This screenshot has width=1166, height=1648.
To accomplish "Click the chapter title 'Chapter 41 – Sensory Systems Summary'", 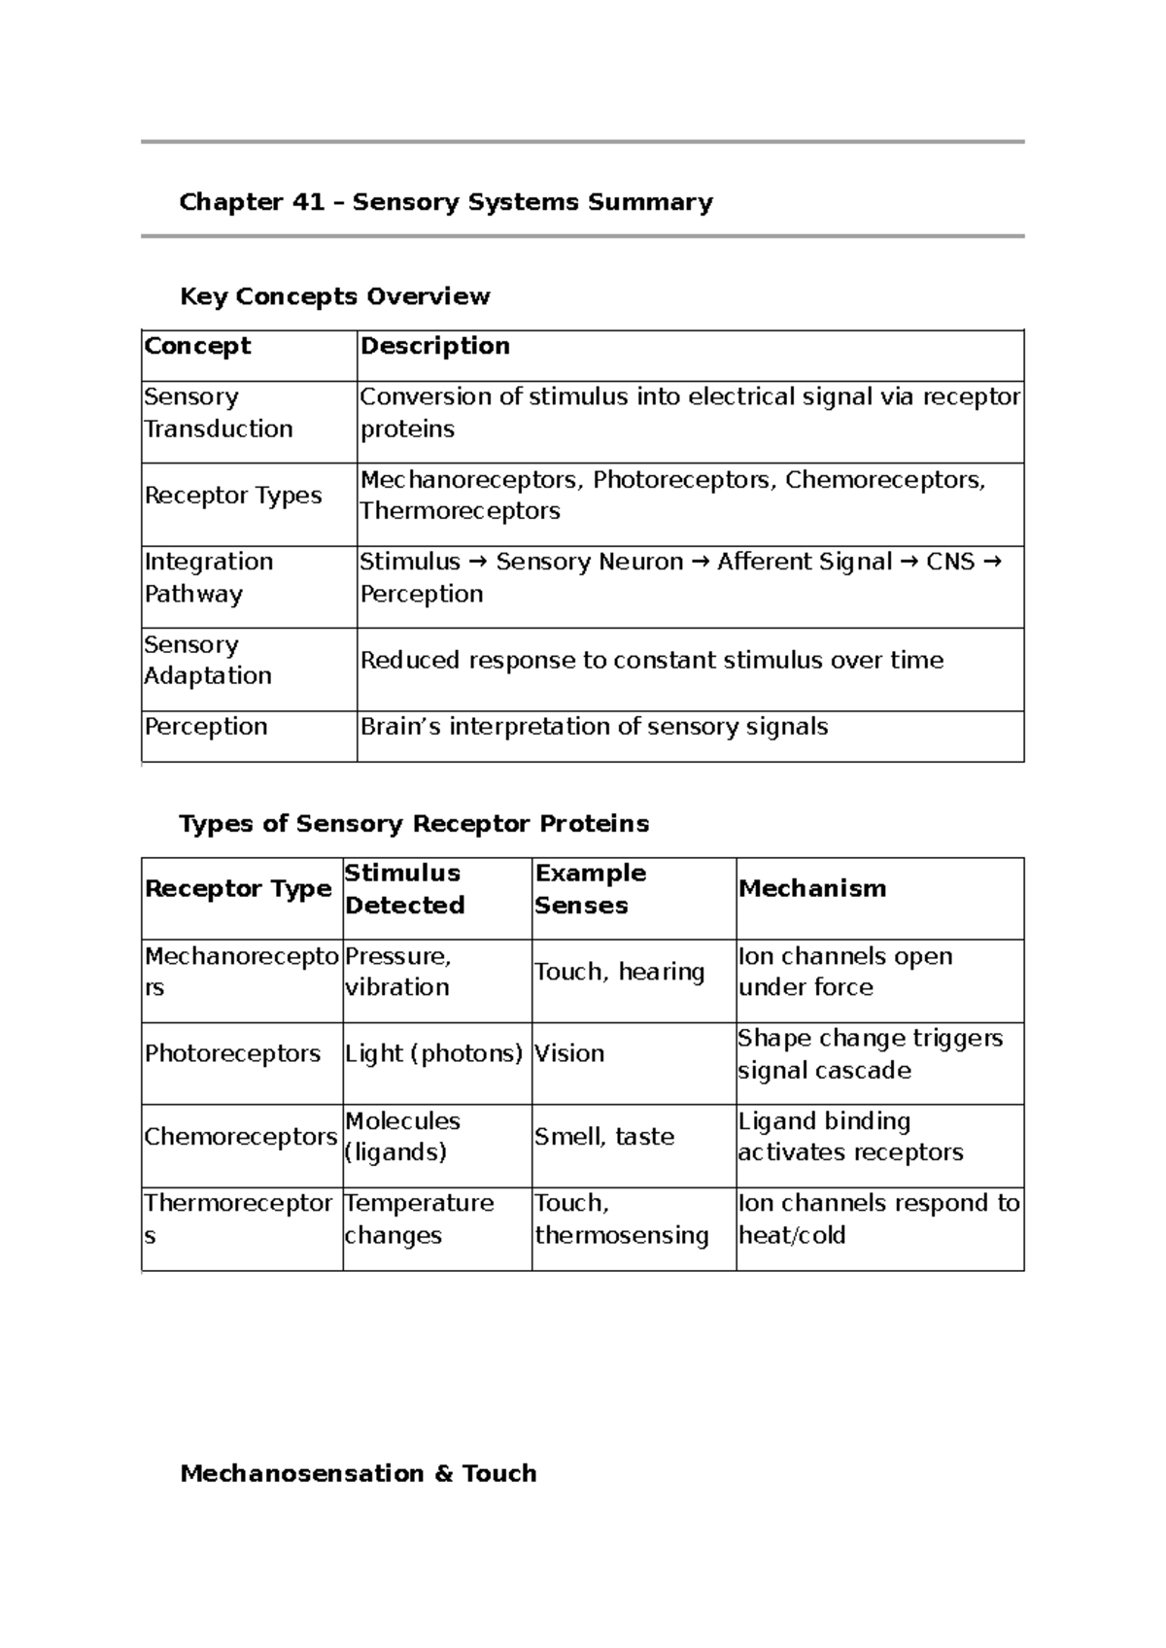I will (446, 202).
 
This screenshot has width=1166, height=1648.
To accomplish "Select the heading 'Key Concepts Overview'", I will (334, 296).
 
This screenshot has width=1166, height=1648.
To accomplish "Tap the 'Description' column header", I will (434, 346).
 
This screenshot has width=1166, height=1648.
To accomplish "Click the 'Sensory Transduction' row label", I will (219, 413).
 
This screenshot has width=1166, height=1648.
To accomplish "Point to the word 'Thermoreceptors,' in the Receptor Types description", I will (460, 512).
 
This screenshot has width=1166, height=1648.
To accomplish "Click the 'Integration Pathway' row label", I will (208, 578).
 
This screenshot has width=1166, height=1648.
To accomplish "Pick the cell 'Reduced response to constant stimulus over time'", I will (651, 661).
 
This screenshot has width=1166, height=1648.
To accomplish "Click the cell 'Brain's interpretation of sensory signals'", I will (594, 727).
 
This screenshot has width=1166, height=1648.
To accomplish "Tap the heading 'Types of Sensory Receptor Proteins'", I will (414, 824).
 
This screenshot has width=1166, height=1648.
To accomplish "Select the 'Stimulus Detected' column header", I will (404, 889).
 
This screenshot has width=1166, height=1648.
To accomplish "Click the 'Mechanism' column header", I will (812, 889).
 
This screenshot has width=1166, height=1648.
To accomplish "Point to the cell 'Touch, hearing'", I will (619, 972).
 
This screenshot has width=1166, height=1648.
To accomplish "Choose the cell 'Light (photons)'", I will (433, 1054).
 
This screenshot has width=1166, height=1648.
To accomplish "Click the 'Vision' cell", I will (569, 1054).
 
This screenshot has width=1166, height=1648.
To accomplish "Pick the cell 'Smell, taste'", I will (603, 1137).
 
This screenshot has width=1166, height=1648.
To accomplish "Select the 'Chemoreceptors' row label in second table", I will (240, 1137).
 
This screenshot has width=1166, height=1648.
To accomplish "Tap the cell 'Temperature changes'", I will (419, 1219).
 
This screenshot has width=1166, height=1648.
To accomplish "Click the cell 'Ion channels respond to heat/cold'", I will (878, 1219).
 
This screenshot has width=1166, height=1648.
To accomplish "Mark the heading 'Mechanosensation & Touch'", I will (359, 1474).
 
